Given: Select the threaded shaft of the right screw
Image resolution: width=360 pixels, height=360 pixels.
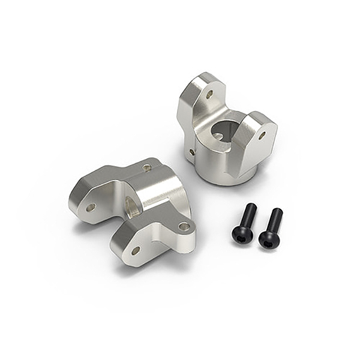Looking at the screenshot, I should [x=274, y=220].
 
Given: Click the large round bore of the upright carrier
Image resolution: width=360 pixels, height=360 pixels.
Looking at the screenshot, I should [x=223, y=131].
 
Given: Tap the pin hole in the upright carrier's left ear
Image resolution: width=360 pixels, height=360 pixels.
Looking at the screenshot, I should [x=209, y=94].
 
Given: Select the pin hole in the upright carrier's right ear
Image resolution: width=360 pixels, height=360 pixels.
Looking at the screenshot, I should [x=262, y=136].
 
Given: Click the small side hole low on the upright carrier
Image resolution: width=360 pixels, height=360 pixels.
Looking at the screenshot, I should [x=192, y=152].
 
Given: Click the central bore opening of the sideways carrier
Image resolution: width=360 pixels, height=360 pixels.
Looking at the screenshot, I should [x=131, y=205].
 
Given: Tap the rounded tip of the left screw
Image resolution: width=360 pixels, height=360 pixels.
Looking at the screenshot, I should [x=251, y=206].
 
